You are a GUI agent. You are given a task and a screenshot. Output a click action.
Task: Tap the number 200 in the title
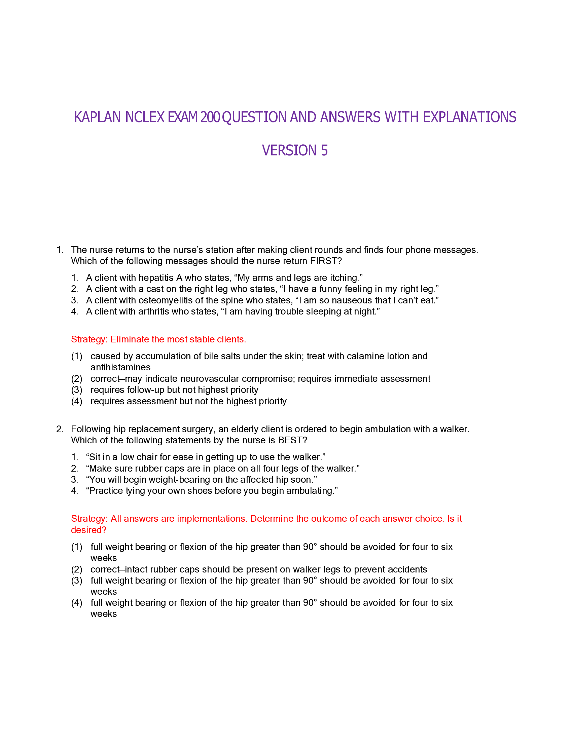210,117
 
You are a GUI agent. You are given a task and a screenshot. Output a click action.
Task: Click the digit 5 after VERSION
324,150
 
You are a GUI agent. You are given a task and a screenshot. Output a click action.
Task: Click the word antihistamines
120,367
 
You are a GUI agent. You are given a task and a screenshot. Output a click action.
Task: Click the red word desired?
88,530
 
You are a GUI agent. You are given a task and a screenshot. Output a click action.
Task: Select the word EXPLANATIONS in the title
469,117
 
